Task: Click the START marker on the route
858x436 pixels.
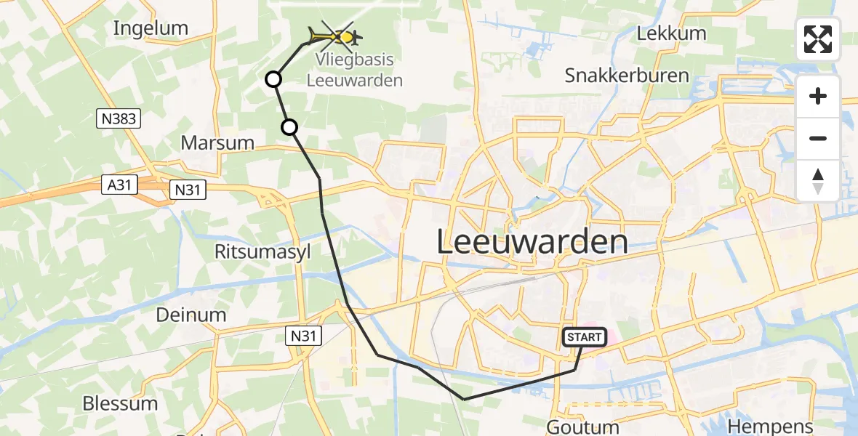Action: point(585,337)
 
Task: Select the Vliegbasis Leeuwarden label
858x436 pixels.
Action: point(354,70)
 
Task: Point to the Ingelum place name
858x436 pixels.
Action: point(151,28)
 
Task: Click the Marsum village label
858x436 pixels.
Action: point(217,143)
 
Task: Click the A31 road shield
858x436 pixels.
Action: point(116,185)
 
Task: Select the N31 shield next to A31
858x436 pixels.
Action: point(188,190)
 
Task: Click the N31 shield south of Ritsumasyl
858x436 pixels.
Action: point(302,334)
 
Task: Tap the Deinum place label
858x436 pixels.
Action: point(191,315)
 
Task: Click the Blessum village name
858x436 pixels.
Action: point(120,403)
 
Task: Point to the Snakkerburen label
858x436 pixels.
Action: point(626,76)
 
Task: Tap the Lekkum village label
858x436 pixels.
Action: point(671,33)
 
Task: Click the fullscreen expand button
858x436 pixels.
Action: point(818,39)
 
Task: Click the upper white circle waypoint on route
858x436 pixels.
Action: point(273,79)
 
